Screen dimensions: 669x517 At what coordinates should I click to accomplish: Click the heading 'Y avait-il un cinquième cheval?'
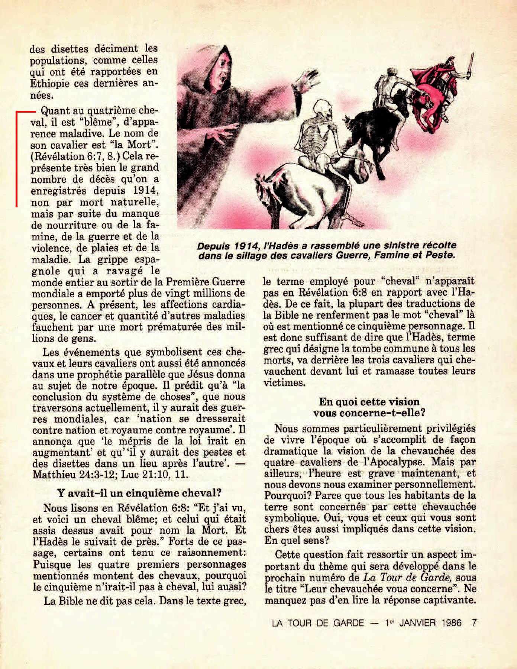click(x=139, y=493)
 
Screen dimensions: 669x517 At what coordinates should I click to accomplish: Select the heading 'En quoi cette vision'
click(x=369, y=402)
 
